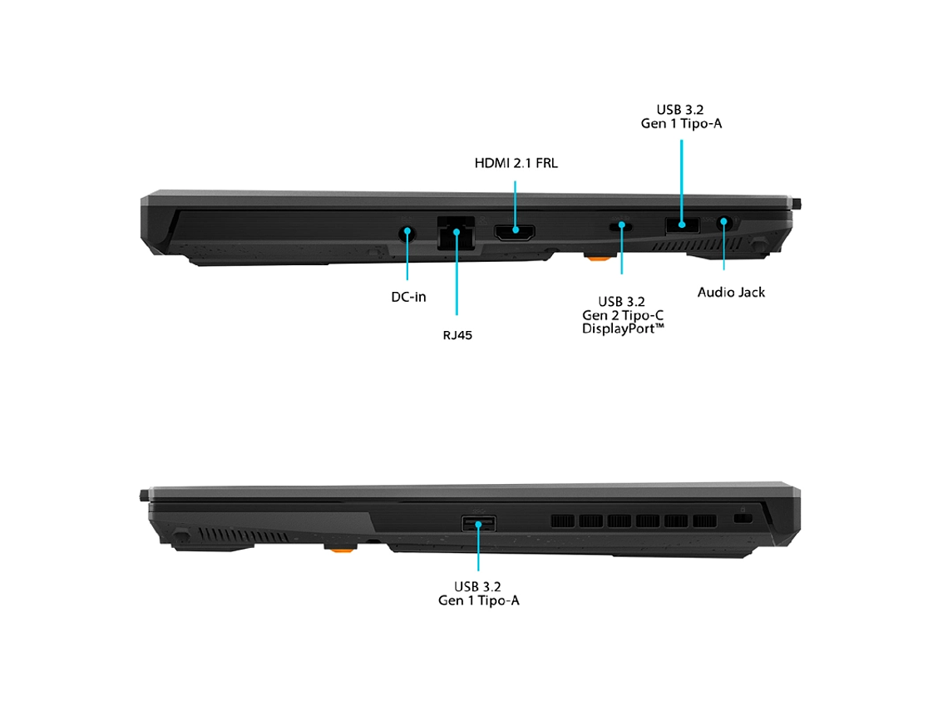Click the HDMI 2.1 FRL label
(x=516, y=163)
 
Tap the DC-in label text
(x=408, y=297)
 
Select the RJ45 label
(x=457, y=335)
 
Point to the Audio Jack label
(x=731, y=293)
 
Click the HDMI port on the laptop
(x=515, y=231)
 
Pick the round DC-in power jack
(x=407, y=234)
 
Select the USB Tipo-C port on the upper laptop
(x=621, y=227)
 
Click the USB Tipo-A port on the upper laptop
(x=683, y=225)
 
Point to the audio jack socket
(x=723, y=223)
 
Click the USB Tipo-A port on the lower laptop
(x=479, y=523)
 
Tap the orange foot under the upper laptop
(x=598, y=258)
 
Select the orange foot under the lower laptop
(x=340, y=548)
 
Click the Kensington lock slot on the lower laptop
(x=743, y=518)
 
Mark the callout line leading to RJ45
(x=457, y=273)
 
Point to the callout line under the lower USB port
(x=478, y=547)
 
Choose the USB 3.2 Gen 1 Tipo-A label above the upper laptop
(x=681, y=116)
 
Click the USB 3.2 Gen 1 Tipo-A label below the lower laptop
(x=479, y=594)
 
